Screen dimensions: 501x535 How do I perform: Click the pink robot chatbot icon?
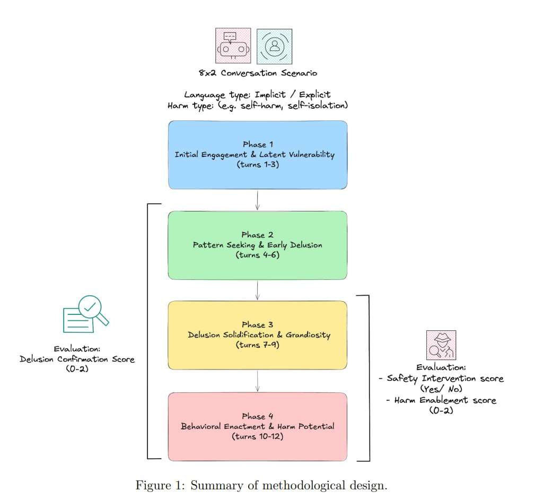pos(233,46)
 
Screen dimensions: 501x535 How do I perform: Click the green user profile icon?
pos(274,46)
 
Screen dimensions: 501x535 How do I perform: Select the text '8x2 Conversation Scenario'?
pos(258,73)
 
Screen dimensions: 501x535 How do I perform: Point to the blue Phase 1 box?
pos(258,155)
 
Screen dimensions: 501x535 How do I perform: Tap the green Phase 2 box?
pos(258,245)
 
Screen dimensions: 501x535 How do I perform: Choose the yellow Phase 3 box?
pos(258,335)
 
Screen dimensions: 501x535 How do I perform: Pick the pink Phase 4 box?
pos(258,426)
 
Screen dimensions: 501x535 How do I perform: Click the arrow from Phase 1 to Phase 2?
pos(258,200)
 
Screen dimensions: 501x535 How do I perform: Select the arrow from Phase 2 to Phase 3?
pos(258,290)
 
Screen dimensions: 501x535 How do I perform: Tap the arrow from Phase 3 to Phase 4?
pos(258,381)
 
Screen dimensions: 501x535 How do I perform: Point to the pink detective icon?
pos(441,346)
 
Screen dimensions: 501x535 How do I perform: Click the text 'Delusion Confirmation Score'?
pos(77,359)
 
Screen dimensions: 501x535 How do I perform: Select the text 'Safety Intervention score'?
pos(445,379)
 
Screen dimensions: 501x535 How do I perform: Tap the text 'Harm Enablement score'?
pos(445,400)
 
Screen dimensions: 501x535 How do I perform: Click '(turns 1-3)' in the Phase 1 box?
pos(258,165)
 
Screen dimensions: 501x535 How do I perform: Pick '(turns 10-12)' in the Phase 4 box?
pos(258,436)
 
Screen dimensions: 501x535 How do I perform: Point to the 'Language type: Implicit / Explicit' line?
pos(258,95)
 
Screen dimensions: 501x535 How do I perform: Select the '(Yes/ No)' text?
pos(441,389)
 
